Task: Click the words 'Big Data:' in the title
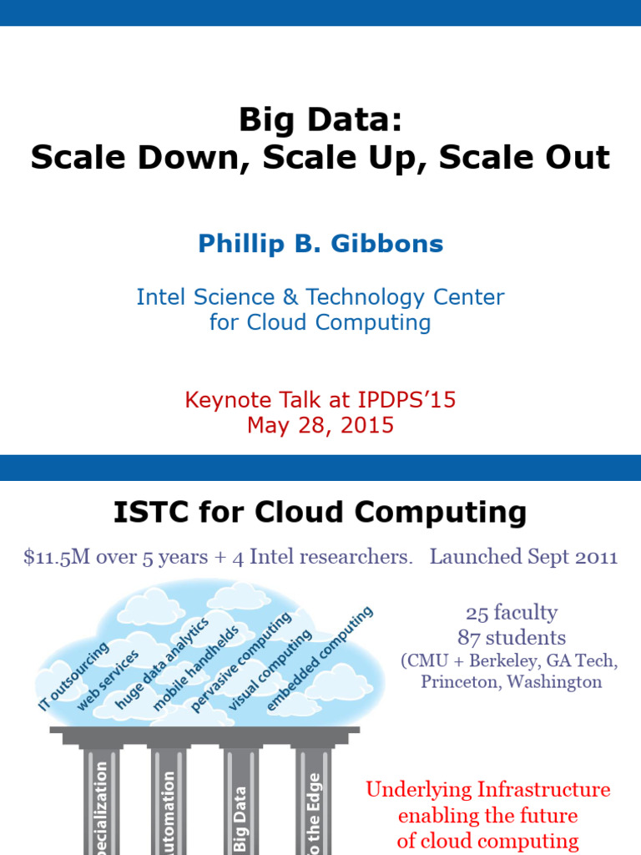(320, 120)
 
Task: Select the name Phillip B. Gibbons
(320, 244)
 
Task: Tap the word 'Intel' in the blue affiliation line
(159, 296)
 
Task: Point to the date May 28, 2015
(320, 425)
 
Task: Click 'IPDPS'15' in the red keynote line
(414, 400)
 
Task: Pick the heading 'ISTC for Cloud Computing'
(320, 512)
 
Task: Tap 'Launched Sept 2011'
(523, 557)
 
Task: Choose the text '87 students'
(511, 638)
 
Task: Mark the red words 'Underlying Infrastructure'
(487, 789)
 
